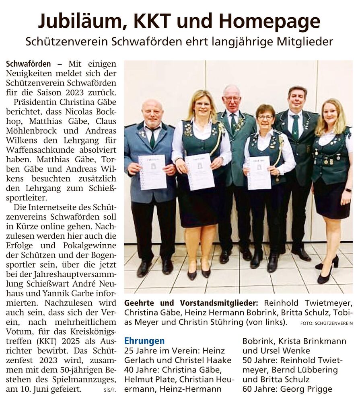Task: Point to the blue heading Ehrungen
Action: pos(144,341)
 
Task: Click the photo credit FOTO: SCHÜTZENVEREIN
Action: pos(326,323)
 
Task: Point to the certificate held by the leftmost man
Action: pos(152,172)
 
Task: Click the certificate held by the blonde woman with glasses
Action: pos(200,172)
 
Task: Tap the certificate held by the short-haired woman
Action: pos(259,173)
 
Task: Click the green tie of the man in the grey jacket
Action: pos(152,137)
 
